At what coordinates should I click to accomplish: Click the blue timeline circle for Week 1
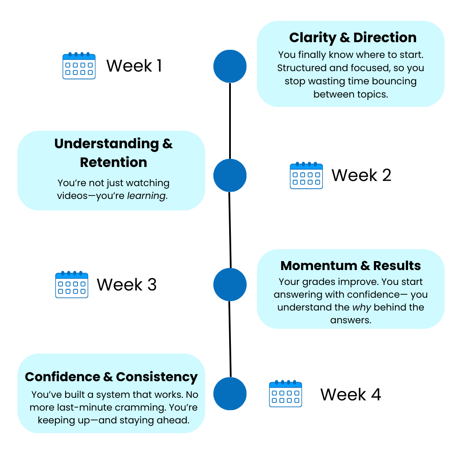[230, 66]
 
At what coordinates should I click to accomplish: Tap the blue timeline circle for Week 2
[230, 175]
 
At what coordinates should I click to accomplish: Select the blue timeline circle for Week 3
[230, 285]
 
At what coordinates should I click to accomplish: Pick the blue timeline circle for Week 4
[230, 394]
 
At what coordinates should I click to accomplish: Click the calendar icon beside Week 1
[79, 66]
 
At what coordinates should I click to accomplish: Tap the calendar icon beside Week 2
[306, 175]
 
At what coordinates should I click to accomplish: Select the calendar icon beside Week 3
[72, 285]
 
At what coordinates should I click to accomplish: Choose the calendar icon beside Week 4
[285, 394]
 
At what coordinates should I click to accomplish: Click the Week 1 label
[134, 66]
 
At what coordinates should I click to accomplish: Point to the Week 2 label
[361, 175]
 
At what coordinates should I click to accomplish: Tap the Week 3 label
[126, 285]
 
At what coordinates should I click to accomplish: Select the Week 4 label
[351, 394]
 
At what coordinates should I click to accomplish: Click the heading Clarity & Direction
[353, 37]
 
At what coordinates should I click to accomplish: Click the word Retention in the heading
[114, 162]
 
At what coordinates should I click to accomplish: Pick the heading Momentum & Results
[351, 266]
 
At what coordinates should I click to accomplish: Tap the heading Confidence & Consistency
[111, 377]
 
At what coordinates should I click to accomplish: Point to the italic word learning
[147, 196]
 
